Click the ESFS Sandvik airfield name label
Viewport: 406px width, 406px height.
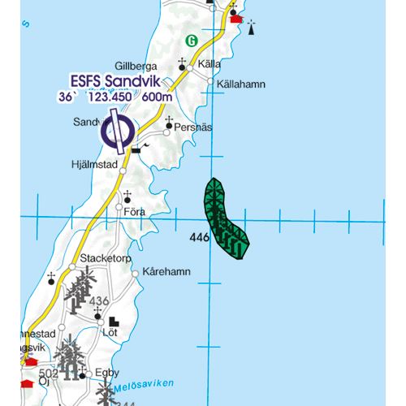click(115, 82)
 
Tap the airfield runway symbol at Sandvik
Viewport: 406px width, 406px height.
click(119, 131)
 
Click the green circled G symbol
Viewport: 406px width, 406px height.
click(192, 40)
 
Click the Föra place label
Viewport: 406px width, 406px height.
click(135, 211)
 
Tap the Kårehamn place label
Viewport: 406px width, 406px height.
click(164, 272)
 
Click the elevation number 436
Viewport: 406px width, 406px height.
click(99, 302)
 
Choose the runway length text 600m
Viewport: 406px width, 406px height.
click(158, 97)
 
